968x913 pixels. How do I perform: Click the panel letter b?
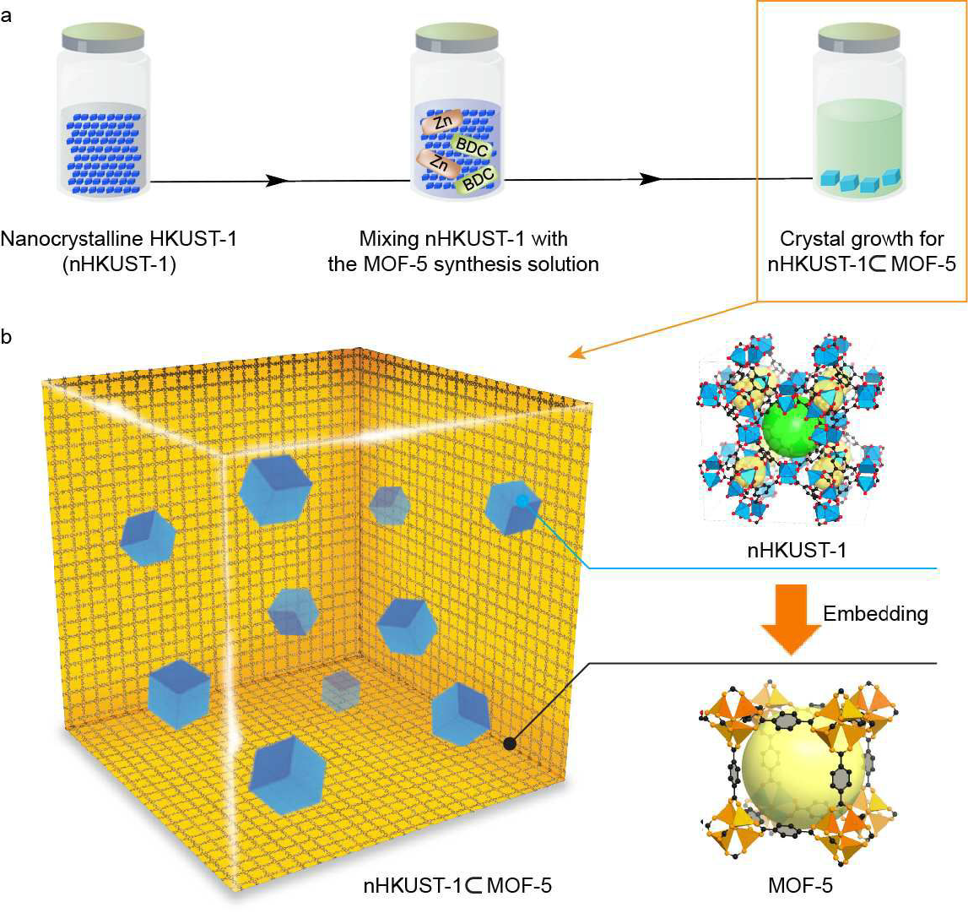[x=7, y=338]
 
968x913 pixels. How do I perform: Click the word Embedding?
[x=876, y=614]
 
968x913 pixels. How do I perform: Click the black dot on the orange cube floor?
[x=509, y=743]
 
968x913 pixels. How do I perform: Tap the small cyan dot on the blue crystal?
[x=523, y=502]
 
